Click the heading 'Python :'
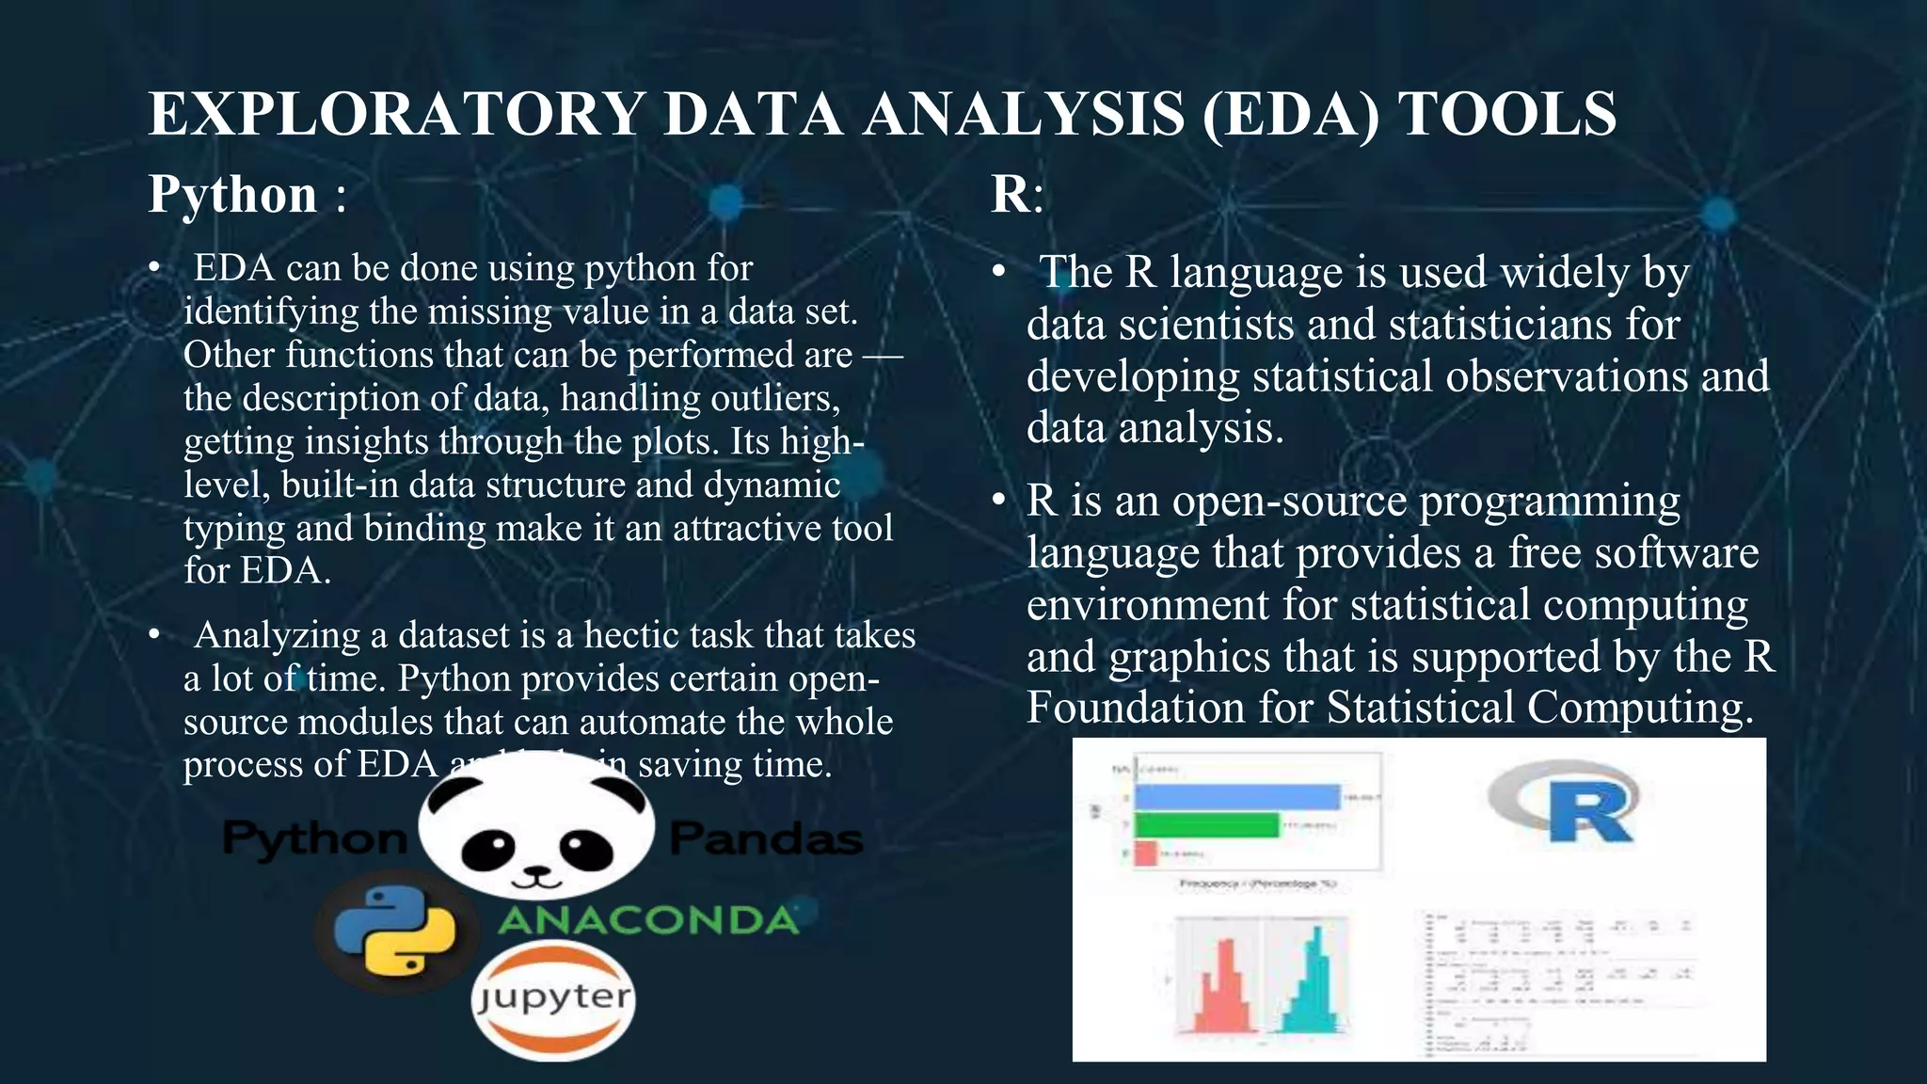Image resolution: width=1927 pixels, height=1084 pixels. point(247,194)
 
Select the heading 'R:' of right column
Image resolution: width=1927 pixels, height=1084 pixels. point(1016,194)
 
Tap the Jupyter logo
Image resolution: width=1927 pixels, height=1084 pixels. point(553,999)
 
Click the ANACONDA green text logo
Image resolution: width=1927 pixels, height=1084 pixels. point(648,920)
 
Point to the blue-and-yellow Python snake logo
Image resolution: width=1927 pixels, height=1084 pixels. point(395,931)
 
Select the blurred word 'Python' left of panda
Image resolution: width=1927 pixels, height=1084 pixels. point(314,837)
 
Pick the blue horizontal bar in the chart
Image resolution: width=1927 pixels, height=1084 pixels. point(1236,797)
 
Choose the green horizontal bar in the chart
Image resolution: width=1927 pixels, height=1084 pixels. point(1206,826)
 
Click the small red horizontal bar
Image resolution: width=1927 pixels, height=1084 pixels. point(1145,853)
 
